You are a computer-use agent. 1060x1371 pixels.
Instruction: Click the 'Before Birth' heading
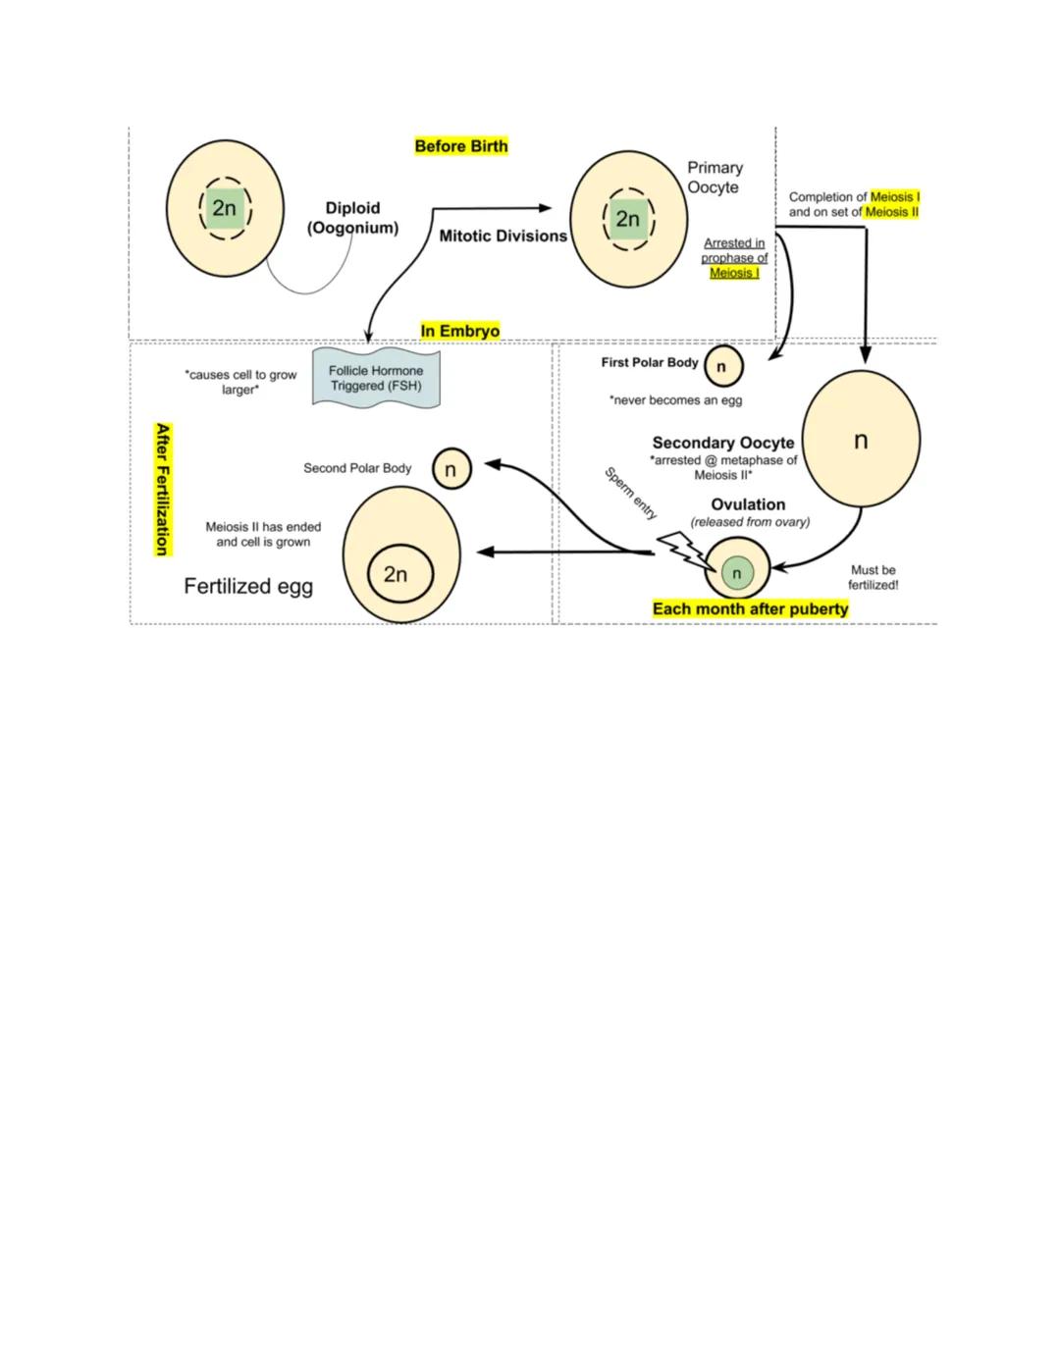coord(461,146)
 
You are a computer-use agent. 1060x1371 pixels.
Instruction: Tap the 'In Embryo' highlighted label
coord(460,331)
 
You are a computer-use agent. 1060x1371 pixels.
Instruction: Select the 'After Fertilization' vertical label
coord(163,490)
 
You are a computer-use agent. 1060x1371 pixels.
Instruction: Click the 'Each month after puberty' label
coord(750,608)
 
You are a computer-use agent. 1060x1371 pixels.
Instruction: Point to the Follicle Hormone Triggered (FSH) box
coord(376,378)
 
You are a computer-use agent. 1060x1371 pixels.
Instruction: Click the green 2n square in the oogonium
coord(225,208)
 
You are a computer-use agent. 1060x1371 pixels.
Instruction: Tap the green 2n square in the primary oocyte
coord(628,219)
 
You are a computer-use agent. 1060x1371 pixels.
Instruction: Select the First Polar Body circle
coord(722,366)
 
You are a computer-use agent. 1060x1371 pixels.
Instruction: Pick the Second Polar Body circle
coord(451,469)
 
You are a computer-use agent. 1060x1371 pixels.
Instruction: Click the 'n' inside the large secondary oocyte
coord(861,441)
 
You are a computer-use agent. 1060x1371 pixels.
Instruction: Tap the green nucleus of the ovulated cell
coord(737,573)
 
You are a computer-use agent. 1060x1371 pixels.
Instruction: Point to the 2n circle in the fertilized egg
coord(396,574)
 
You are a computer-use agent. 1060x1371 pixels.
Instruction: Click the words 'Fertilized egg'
coord(248,586)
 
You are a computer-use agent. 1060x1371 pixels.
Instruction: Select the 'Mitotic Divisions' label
coord(503,236)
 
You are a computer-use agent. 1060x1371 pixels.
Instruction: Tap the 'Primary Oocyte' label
coord(715,178)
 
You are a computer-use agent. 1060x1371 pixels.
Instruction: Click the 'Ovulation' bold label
coord(748,504)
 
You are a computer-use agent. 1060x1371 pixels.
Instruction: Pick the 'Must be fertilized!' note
coord(873,577)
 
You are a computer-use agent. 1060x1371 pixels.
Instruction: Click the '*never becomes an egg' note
coord(675,400)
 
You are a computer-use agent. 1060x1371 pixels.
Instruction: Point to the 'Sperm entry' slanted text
coord(631,493)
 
